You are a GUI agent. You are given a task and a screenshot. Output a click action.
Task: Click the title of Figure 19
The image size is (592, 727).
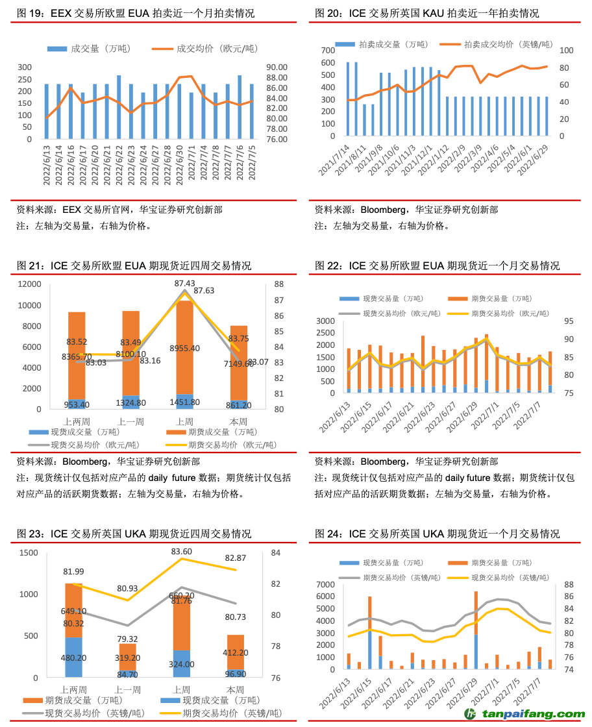[136, 13]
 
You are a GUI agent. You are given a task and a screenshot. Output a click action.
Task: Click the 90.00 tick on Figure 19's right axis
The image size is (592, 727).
[276, 68]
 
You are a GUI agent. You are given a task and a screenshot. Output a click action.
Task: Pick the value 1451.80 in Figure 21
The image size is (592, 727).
[184, 402]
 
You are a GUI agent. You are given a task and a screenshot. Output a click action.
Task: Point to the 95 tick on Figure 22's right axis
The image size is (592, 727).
[562, 321]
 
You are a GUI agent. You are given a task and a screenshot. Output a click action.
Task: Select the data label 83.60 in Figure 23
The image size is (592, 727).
[184, 552]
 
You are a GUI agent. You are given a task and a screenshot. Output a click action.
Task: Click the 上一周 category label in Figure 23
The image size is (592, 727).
[128, 689]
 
